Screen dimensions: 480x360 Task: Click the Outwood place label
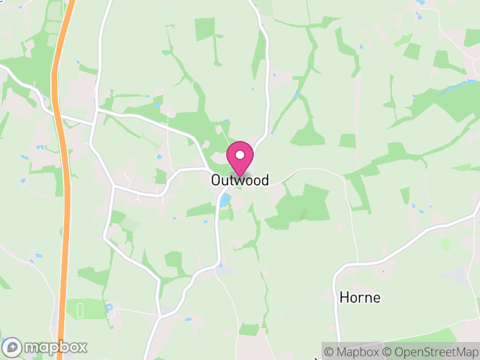(x=239, y=180)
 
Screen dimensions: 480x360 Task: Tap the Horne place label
(x=360, y=297)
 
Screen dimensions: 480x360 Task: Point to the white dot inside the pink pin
(x=240, y=155)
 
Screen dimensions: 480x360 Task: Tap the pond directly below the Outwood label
(x=224, y=200)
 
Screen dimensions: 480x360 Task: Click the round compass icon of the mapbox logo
(x=12, y=347)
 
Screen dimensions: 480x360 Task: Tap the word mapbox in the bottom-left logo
(x=55, y=347)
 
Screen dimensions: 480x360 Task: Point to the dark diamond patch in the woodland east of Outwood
(x=303, y=213)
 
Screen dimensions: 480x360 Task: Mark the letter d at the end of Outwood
(x=265, y=180)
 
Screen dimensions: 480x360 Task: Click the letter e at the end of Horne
(x=376, y=297)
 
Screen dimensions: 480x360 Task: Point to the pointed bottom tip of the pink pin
(x=240, y=175)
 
